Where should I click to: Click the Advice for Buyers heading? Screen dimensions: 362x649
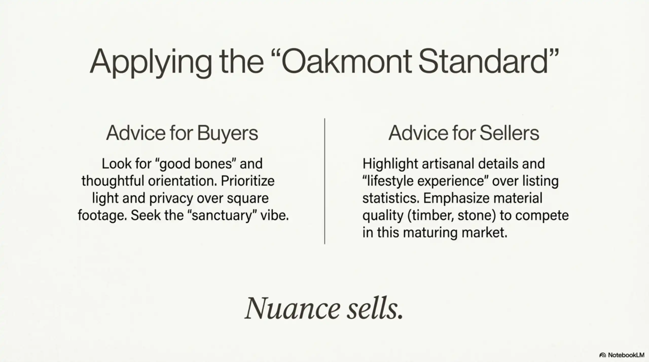click(x=182, y=133)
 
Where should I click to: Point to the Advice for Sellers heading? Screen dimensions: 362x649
click(x=464, y=133)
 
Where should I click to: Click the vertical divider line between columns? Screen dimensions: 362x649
click(x=324, y=181)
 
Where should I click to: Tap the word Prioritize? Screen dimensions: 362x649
click(x=247, y=181)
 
